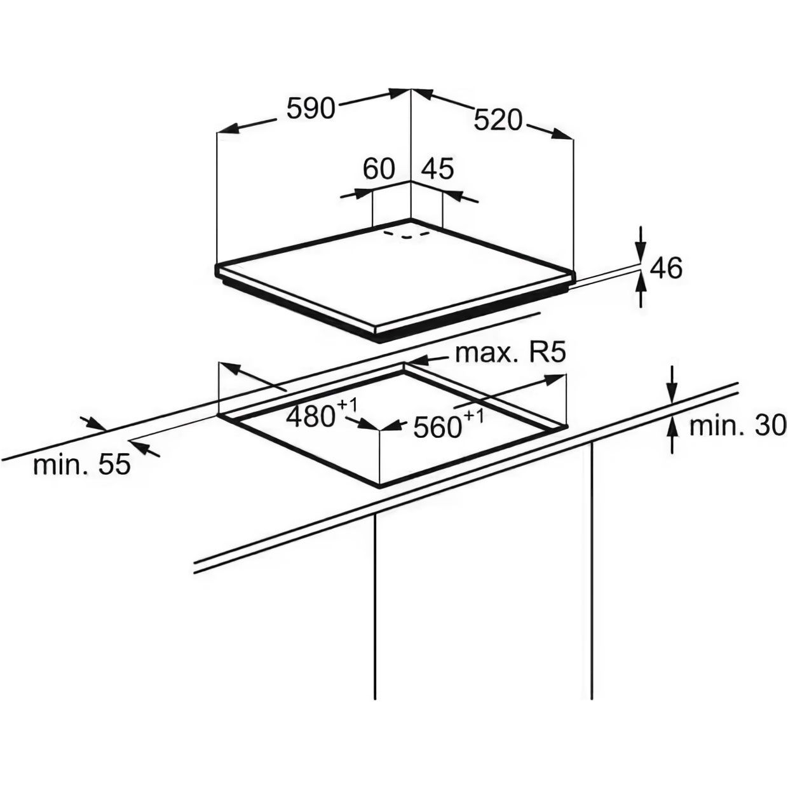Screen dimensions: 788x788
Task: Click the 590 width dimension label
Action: coord(310,108)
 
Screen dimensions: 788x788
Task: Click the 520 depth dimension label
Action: coord(498,119)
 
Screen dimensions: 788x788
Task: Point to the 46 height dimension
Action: coord(666,268)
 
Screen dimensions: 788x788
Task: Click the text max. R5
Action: coord(510,353)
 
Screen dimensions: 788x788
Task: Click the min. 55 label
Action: coord(81,465)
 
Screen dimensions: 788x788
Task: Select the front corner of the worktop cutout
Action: coord(379,486)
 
